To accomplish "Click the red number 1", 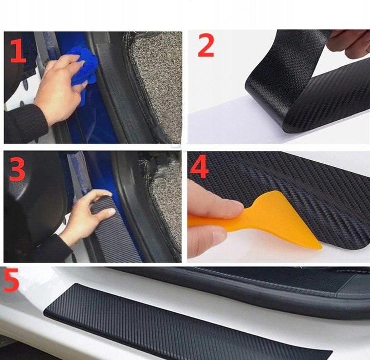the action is point(18,51).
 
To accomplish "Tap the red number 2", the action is point(206,45).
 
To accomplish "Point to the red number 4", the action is point(199,166).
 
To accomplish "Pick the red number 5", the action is point(11,279).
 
